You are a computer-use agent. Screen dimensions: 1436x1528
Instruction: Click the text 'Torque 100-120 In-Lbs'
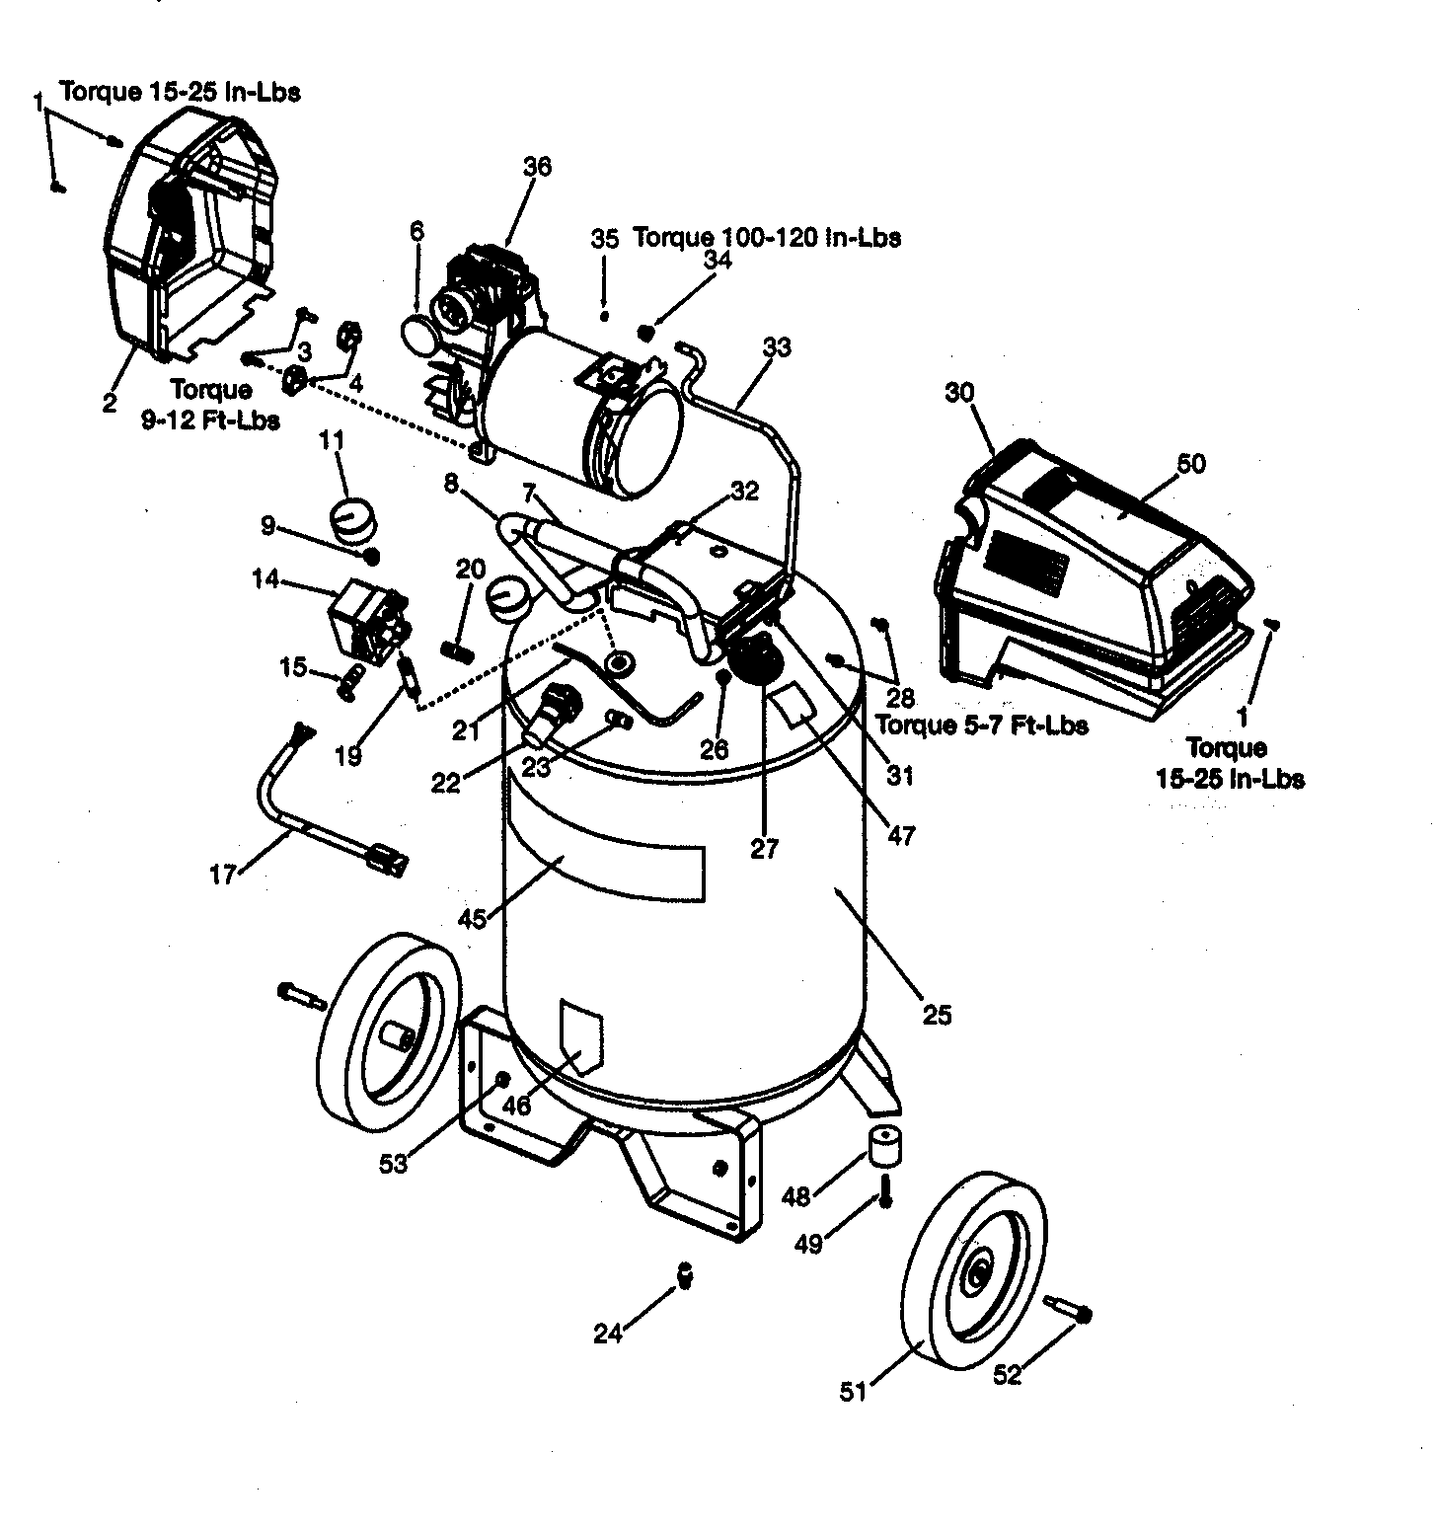click(x=766, y=237)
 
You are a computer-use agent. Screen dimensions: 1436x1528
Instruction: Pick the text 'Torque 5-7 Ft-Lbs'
click(x=981, y=726)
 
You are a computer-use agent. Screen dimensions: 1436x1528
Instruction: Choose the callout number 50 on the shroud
click(x=1191, y=463)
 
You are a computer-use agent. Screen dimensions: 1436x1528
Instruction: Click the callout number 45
click(x=474, y=918)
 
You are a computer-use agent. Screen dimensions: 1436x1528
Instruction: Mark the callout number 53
click(x=393, y=1165)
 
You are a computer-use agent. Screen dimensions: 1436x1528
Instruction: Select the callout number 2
click(x=109, y=402)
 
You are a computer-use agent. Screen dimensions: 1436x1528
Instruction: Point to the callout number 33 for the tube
click(x=777, y=347)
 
